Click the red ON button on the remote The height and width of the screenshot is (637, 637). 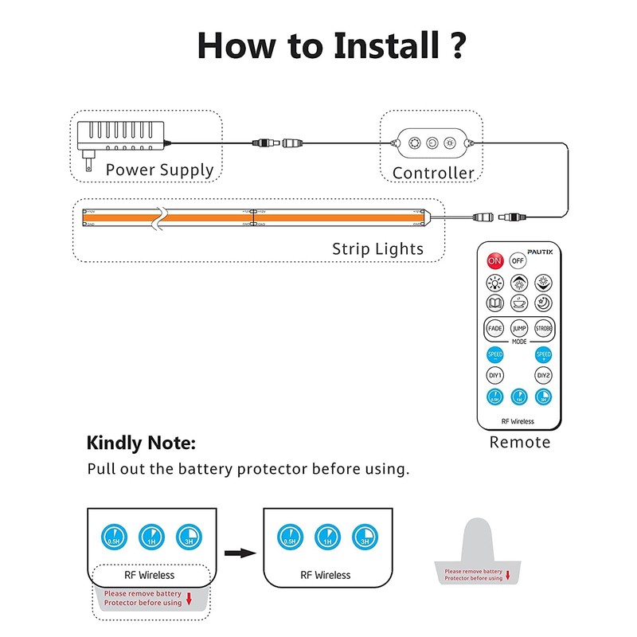494,260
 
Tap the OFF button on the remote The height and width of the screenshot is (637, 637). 518,260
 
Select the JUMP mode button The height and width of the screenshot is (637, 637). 519,328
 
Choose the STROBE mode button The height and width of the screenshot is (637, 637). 543,328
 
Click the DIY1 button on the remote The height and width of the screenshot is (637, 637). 494,375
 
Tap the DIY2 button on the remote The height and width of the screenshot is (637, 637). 543,375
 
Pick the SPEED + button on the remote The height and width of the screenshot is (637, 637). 543,355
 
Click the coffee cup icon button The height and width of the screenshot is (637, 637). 519,303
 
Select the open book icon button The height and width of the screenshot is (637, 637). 494,303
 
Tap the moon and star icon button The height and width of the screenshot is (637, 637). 543,303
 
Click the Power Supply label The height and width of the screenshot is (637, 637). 159,170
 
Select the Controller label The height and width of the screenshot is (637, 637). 433,173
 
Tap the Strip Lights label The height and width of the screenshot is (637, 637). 377,249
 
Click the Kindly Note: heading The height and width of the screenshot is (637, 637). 140,443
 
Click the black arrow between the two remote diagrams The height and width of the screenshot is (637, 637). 238,550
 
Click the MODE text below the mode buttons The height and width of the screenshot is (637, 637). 519,341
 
